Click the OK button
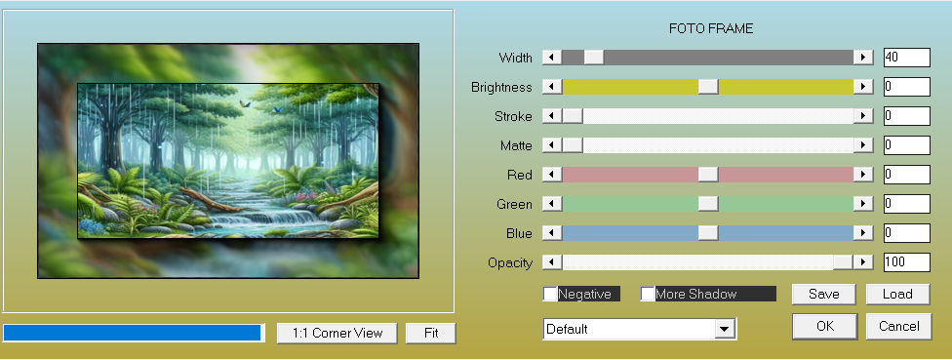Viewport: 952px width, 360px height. tap(824, 326)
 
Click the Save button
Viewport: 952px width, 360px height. tap(824, 295)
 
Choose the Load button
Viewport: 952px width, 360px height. tap(897, 295)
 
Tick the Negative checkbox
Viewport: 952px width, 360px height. tap(550, 294)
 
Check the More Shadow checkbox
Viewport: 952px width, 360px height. tap(648, 294)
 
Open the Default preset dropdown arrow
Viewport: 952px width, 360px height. tap(723, 329)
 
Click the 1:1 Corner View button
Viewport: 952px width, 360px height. tap(337, 334)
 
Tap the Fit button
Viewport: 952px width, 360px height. tap(431, 334)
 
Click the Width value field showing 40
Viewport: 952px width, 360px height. tap(907, 58)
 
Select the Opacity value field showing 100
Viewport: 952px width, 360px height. tap(907, 262)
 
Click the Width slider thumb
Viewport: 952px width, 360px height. tap(594, 57)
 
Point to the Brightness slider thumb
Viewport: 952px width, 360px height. tap(708, 86)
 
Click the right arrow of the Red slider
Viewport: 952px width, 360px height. tap(862, 175)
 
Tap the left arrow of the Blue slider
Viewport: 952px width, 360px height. tap(552, 233)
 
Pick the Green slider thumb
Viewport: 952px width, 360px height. tap(708, 204)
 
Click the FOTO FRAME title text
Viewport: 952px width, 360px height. tap(711, 28)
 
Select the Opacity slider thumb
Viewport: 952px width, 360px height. tap(842, 262)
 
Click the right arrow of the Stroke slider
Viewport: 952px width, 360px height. tap(862, 116)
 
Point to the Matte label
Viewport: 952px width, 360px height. tap(516, 145)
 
